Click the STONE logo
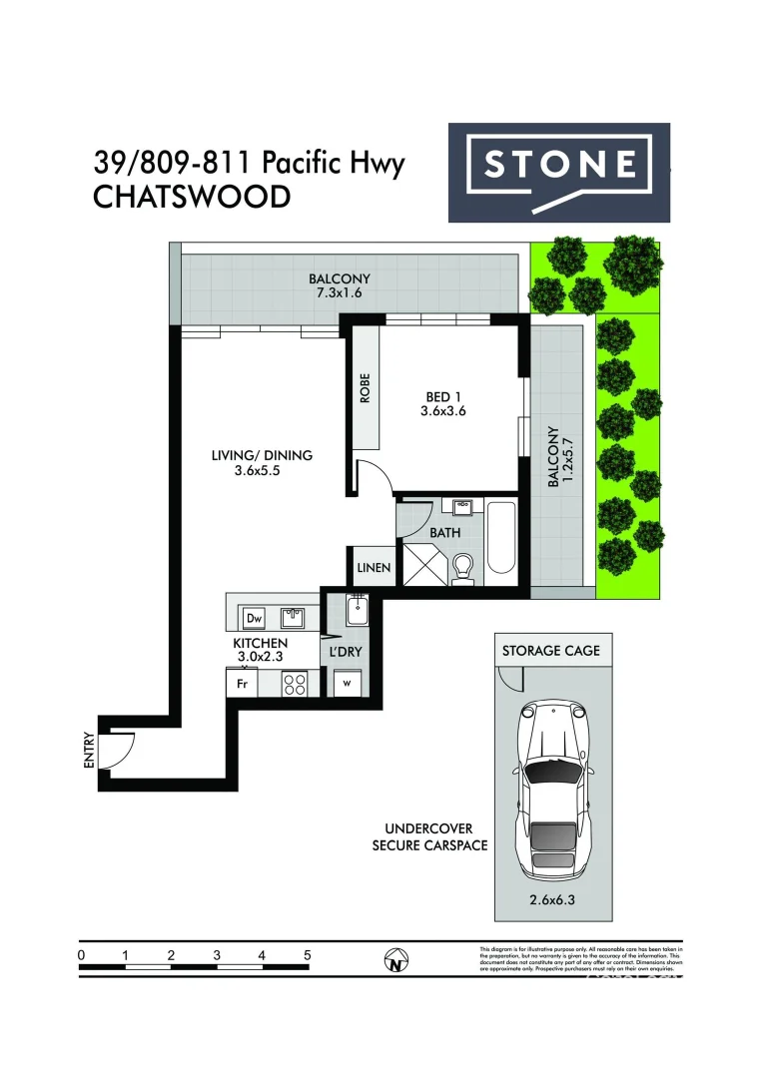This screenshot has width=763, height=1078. (558, 172)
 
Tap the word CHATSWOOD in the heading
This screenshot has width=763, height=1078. (192, 197)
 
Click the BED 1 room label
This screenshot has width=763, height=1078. (442, 403)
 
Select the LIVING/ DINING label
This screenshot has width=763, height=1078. (262, 463)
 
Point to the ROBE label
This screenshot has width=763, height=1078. (366, 387)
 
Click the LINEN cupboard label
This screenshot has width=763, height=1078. (374, 568)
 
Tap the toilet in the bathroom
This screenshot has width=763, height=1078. (461, 570)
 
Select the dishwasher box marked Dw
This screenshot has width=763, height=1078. (254, 616)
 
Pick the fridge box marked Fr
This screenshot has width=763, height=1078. (241, 685)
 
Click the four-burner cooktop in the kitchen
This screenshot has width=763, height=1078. (295, 684)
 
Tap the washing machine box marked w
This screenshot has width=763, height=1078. (346, 684)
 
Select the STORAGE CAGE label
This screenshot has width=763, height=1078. (550, 651)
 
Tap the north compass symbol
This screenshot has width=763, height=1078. (397, 961)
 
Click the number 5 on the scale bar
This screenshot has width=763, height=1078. (308, 955)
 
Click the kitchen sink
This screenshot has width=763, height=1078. (292, 615)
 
